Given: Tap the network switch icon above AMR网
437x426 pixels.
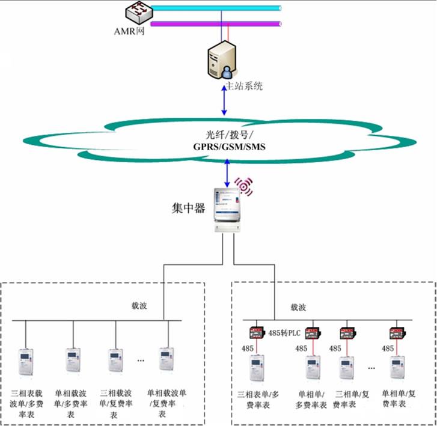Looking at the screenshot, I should pos(138,12).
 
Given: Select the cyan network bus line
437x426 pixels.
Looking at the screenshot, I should pos(216,8).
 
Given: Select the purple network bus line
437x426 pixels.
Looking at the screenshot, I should pos(216,24).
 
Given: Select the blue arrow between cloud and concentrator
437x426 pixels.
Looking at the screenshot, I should pos(226,174).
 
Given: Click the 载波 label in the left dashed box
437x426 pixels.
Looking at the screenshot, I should pos(139,306).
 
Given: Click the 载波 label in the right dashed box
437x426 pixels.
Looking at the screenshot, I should pos(298,307).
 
